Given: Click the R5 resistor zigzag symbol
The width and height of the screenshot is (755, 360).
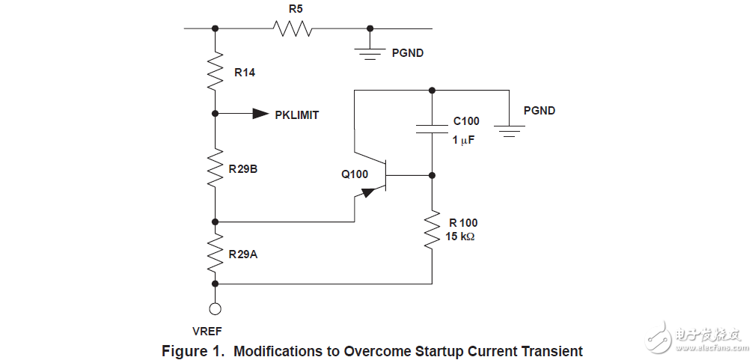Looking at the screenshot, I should point(293,28).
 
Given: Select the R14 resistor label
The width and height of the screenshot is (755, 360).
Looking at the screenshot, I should point(245,73).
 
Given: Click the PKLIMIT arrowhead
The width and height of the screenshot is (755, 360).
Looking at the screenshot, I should point(260,114).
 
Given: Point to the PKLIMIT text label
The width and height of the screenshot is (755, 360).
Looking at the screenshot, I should point(297,115).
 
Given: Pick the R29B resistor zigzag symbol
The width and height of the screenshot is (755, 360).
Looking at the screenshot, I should point(216,167).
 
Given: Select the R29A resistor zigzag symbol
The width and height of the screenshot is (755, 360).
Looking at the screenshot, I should point(216,252).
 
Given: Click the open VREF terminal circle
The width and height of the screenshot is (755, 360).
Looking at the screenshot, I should point(216,308).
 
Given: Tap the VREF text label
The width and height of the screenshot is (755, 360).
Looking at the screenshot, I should point(207,330).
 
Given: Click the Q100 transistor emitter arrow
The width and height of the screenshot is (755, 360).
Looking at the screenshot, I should point(368,192).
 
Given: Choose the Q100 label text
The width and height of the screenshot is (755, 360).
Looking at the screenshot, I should point(355,174).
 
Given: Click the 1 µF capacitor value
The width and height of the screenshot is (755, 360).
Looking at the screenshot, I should point(464,140).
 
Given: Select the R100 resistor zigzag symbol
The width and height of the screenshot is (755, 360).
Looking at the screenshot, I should point(432,231).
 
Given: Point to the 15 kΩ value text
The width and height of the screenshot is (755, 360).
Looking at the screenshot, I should point(460,237).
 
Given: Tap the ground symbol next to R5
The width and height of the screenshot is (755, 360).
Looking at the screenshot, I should point(370,52).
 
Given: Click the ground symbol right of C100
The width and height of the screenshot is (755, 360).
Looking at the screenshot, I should point(509,130).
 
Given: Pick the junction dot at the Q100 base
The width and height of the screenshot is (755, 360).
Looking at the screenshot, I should point(432,175).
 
